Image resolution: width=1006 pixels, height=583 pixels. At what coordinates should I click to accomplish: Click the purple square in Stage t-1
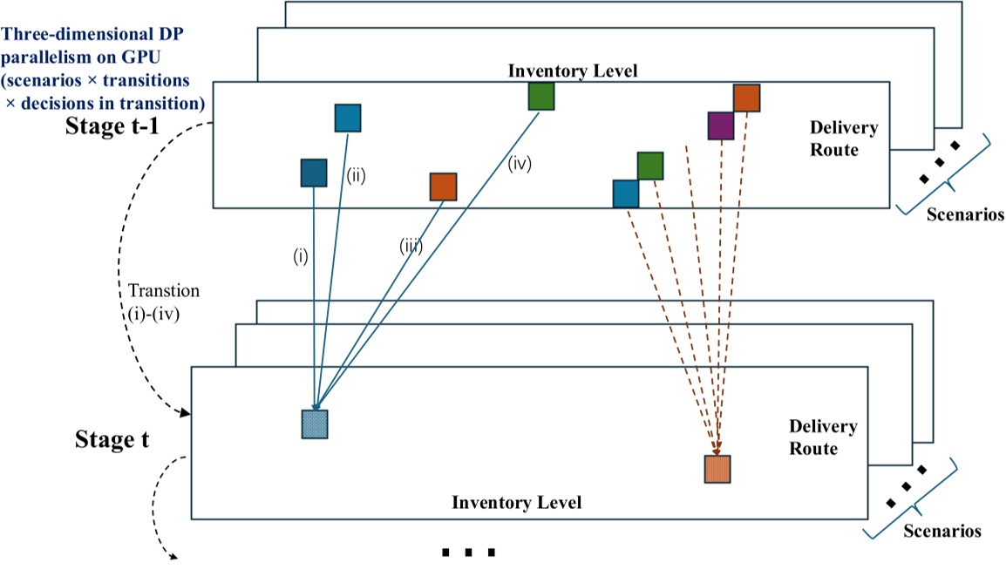point(721,125)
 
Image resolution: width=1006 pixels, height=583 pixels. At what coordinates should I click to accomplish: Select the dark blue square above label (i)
point(313,173)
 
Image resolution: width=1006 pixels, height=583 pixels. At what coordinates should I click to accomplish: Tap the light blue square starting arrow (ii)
point(348,118)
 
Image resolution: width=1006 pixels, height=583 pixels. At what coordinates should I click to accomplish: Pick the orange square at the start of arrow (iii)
point(443,186)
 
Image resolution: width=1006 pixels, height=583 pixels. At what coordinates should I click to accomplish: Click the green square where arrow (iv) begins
point(541,96)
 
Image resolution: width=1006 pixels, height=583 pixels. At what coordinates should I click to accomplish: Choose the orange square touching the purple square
point(746,98)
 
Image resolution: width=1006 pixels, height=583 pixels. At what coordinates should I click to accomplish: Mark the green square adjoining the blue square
point(650,166)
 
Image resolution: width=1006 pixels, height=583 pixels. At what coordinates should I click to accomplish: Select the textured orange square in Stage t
point(717,469)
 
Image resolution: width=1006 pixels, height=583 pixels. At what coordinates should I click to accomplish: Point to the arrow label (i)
point(301,258)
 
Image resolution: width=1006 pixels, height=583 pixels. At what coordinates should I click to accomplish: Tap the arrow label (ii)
point(357,174)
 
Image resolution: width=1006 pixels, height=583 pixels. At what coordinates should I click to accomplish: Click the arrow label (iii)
point(410,247)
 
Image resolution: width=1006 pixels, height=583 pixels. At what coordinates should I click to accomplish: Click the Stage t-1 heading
point(112,127)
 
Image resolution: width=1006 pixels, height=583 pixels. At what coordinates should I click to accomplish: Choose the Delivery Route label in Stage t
point(822,437)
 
